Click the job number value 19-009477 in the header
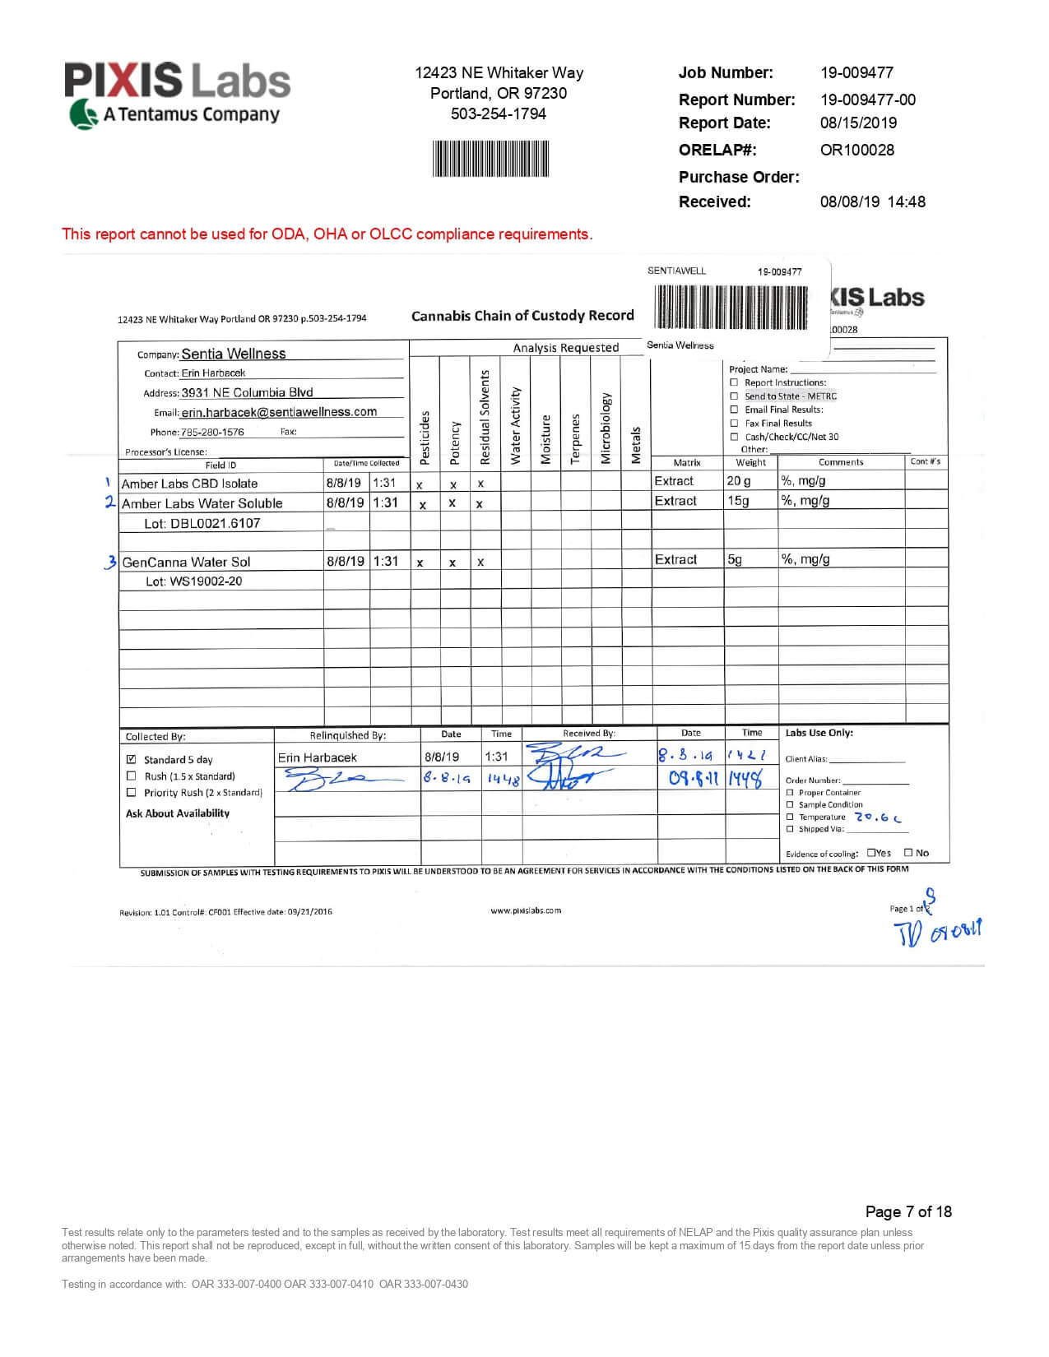tap(856, 72)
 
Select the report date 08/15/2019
tap(858, 123)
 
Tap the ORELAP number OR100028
tap(856, 150)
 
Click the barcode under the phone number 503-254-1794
tap(490, 158)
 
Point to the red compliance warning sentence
tap(327, 234)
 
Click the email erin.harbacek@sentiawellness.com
tap(279, 412)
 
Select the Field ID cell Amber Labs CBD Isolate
tap(190, 484)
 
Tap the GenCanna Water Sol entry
tap(187, 562)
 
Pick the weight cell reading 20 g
tap(739, 481)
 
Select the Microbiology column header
tap(606, 428)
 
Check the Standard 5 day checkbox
tap(131, 759)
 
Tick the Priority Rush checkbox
tap(131, 793)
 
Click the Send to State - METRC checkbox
tap(734, 396)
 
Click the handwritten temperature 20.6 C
tap(878, 817)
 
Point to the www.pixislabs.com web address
tap(526, 910)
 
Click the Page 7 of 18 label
tap(908, 1211)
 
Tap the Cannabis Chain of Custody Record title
tap(522, 315)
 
